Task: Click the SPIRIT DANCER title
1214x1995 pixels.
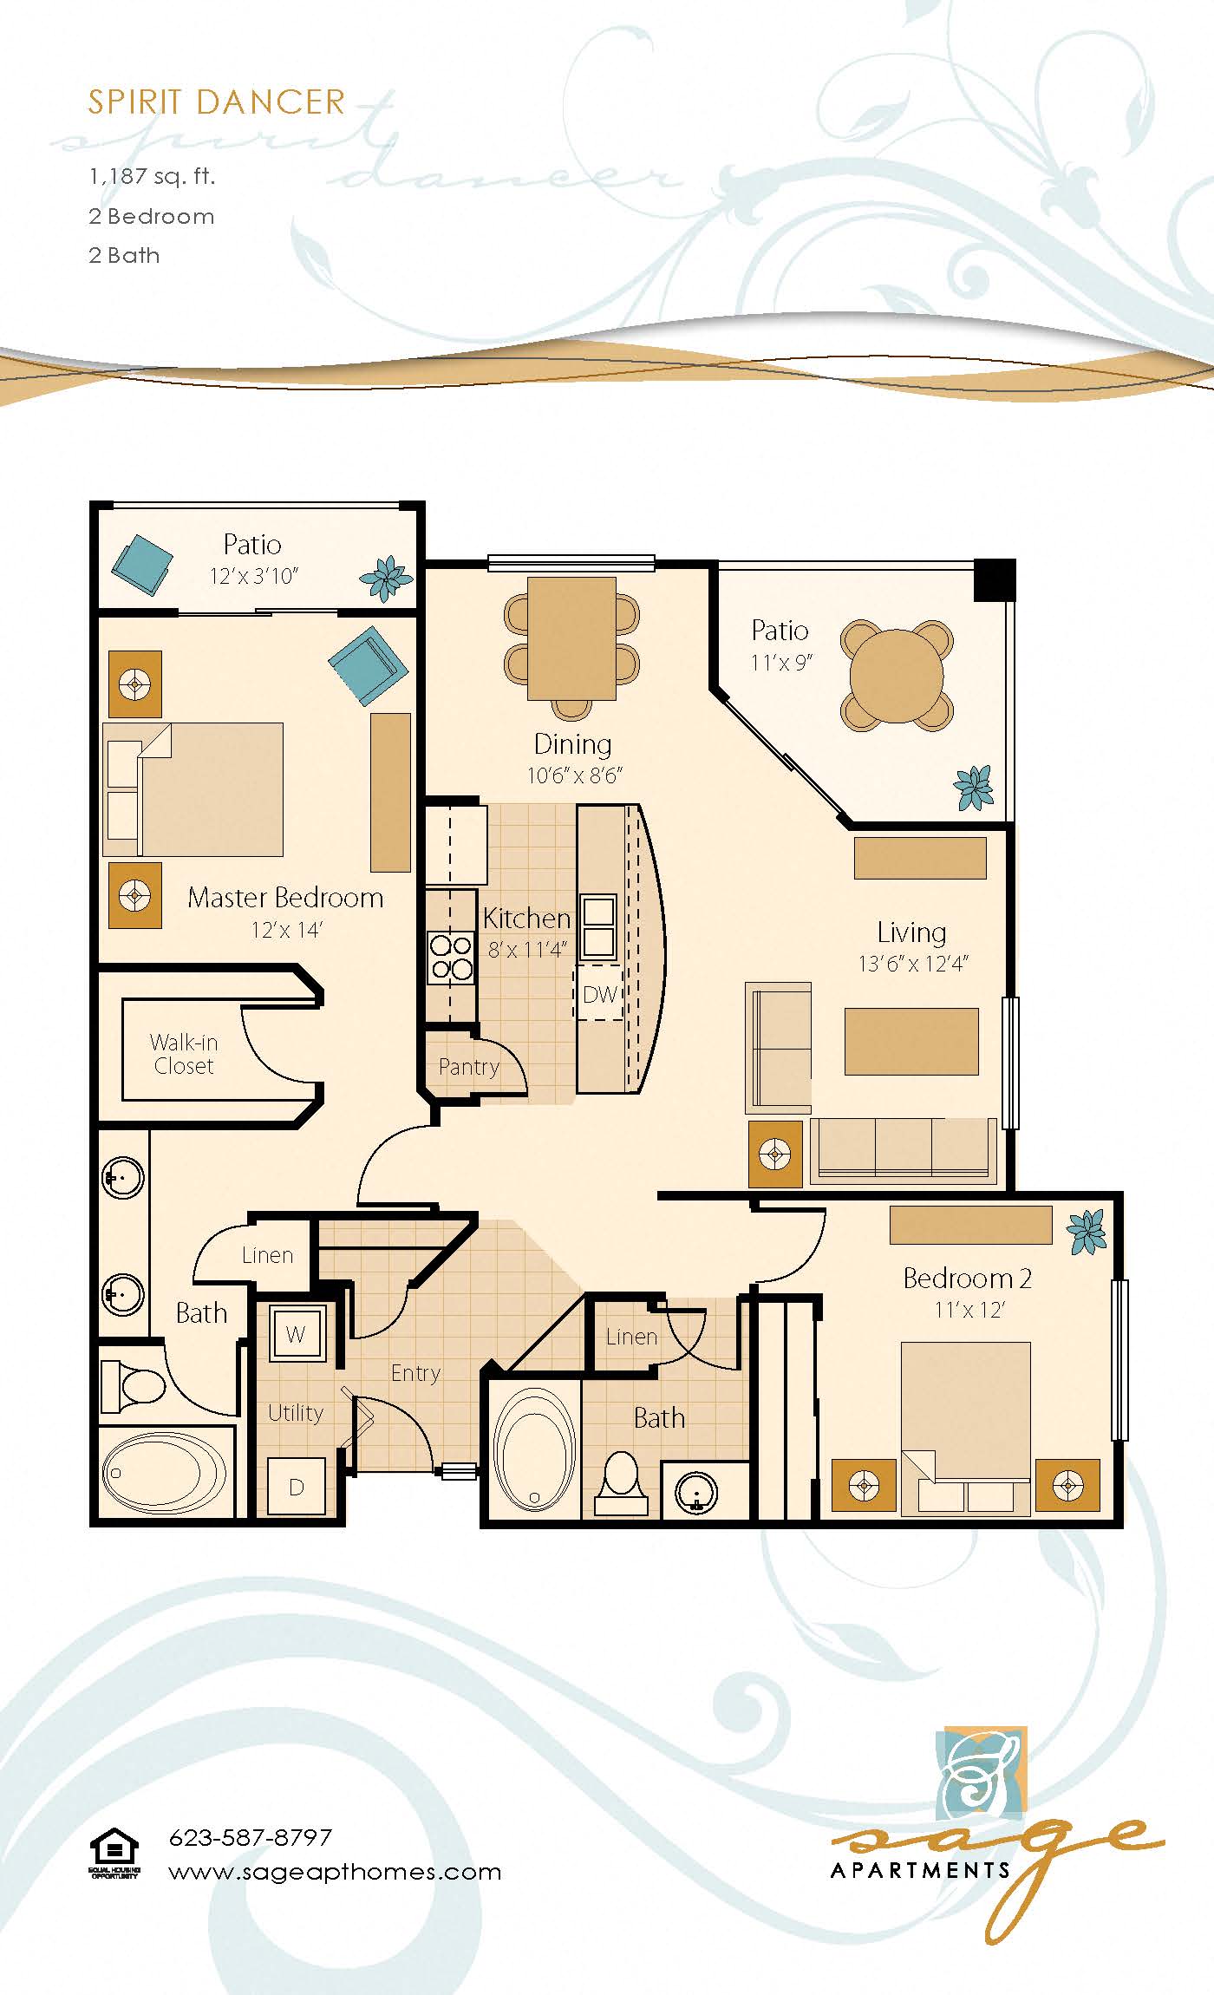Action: [x=216, y=102]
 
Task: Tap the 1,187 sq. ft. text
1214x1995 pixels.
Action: [x=152, y=177]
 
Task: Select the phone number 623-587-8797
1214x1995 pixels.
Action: [x=250, y=1837]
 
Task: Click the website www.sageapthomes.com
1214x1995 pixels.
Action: [x=335, y=1871]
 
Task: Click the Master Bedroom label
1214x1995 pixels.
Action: [x=285, y=898]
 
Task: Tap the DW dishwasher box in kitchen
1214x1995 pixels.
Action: [x=599, y=994]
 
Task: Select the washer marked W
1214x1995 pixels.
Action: [x=296, y=1334]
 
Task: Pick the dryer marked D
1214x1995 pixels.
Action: [x=296, y=1487]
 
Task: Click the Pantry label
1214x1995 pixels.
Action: [x=468, y=1067]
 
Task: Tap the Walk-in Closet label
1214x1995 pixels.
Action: [x=183, y=1054]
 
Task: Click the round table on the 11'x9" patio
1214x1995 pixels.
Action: [x=896, y=674]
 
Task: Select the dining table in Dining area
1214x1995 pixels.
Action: [x=572, y=638]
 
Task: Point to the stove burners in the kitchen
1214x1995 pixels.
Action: [x=451, y=957]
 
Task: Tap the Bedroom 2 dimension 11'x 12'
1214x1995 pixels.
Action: [x=969, y=1310]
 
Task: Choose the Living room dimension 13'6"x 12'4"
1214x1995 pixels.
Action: [x=912, y=964]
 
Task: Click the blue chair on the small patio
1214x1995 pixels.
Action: [x=142, y=565]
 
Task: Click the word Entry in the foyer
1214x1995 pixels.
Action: [x=415, y=1373]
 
